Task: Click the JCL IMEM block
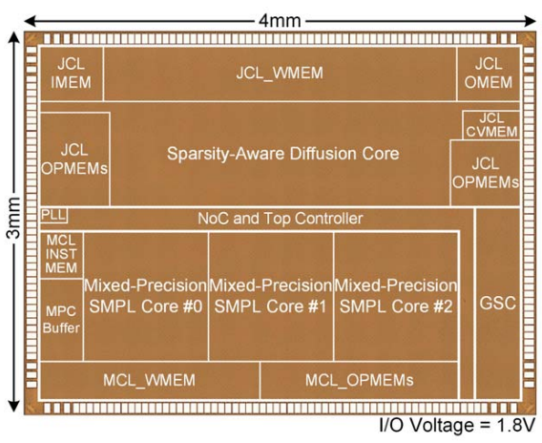point(72,74)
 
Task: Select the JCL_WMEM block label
point(280,73)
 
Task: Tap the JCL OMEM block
point(489,74)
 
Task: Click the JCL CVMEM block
point(491,125)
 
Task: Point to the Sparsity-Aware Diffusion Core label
point(283,154)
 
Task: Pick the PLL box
point(54,216)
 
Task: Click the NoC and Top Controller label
point(281,219)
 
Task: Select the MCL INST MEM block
point(61,255)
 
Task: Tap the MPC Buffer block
point(61,320)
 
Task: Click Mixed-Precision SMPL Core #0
point(146,296)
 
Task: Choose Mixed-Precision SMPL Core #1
point(271,296)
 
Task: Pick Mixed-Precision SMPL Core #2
point(396,296)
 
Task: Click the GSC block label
point(498,304)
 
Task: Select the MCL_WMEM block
point(150,380)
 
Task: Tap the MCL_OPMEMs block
point(359,380)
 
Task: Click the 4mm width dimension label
point(280,21)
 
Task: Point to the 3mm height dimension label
point(14,218)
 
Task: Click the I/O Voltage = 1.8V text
point(458,425)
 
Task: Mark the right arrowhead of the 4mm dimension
point(530,21)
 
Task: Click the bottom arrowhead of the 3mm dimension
point(14,407)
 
